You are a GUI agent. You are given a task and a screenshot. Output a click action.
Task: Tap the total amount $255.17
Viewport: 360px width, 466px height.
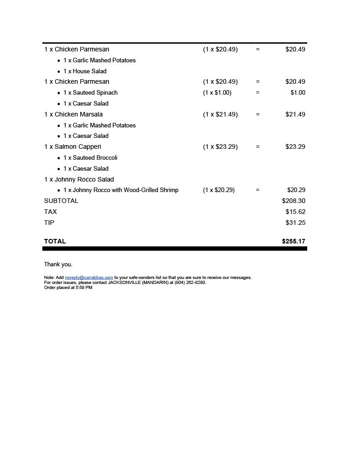(x=294, y=241)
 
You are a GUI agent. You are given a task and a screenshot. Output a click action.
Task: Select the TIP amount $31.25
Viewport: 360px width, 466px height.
(x=295, y=223)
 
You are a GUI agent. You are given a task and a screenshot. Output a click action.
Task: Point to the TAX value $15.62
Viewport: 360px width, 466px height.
(x=295, y=212)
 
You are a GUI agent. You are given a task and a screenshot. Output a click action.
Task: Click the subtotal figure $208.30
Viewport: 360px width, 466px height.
(x=294, y=201)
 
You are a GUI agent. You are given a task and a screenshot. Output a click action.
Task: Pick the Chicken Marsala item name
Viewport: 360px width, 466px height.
(x=78, y=114)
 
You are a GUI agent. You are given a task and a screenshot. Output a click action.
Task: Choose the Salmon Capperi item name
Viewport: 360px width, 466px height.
(x=77, y=147)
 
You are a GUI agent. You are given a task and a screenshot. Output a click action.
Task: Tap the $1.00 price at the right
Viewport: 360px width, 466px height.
(x=298, y=92)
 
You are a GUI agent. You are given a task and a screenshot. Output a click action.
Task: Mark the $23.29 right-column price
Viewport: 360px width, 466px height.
(x=295, y=147)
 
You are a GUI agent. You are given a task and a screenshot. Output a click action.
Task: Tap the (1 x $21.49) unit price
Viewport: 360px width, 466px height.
(x=220, y=114)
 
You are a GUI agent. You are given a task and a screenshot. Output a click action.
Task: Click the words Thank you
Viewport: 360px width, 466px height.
(x=58, y=264)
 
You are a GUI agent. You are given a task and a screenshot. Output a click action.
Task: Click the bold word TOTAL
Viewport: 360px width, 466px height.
(x=55, y=241)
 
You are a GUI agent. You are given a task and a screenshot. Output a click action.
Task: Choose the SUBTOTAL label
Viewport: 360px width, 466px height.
(x=61, y=201)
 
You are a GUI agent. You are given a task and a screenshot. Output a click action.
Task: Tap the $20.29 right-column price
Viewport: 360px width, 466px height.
(x=296, y=190)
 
